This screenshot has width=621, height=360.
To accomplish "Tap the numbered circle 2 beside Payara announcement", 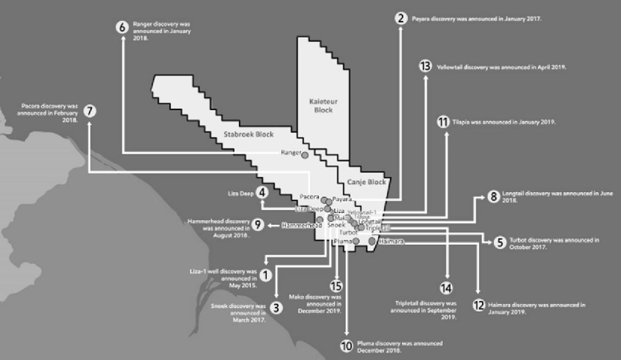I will pos(401,18).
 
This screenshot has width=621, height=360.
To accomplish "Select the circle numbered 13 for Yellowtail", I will pos(425,67).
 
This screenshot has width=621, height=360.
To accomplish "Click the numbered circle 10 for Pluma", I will pos(346,346).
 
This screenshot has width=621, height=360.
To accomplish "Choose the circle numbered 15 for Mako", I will pos(336,286).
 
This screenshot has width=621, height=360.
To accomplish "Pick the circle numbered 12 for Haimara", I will pos(478,305).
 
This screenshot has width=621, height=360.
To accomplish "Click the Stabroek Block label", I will pos(248,135).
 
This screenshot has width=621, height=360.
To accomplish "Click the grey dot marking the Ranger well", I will pos(305,155).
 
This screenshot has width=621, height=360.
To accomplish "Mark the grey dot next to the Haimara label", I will pos(372,241).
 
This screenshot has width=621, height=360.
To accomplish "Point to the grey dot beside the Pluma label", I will pos(356,241).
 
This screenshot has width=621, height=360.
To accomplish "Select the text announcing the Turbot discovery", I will pos(554,243).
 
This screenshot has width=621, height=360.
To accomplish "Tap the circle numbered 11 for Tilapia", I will pos(443,122).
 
